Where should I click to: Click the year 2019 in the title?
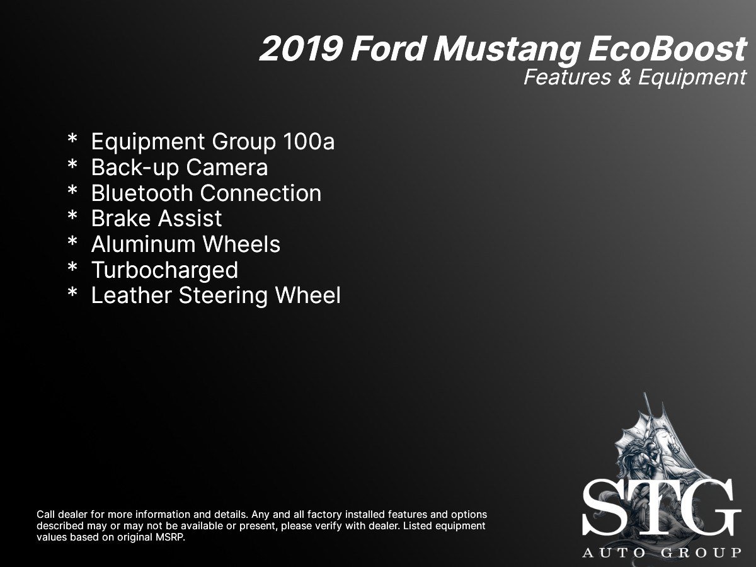tap(301, 49)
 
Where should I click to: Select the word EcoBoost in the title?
tap(667, 49)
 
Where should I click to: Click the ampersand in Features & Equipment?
tap(625, 77)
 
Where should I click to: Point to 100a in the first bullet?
tap(309, 142)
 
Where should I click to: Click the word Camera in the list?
tap(227, 168)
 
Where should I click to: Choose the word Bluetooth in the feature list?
tap(142, 193)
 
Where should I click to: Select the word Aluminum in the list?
tap(144, 244)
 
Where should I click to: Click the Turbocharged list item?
tap(165, 270)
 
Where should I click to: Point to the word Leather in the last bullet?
tap(132, 295)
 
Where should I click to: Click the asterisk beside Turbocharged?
tap(72, 267)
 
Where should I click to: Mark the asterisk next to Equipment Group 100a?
tap(72, 139)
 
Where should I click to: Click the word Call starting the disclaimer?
tap(45, 515)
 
